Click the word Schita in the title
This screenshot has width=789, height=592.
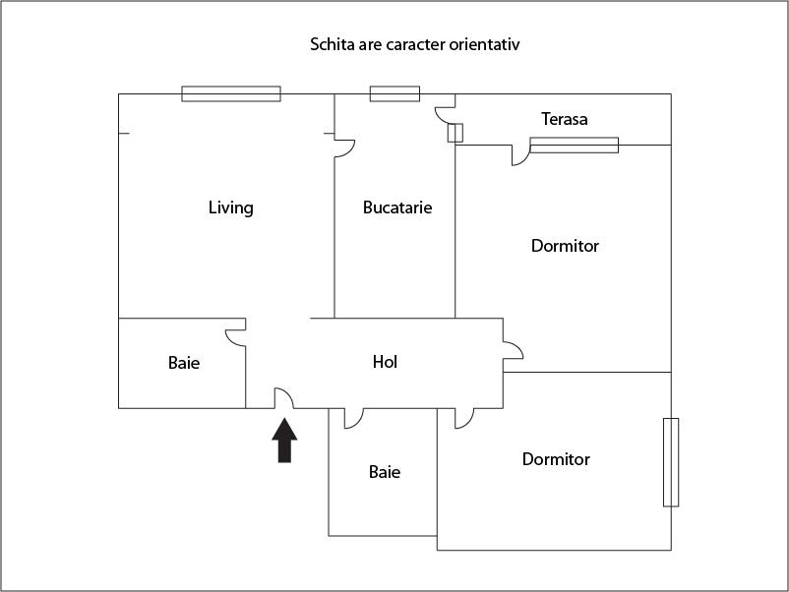click(x=332, y=45)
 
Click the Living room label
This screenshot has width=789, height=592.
click(x=231, y=207)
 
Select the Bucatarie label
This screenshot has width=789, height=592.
click(x=397, y=207)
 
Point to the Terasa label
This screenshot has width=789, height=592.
click(x=565, y=119)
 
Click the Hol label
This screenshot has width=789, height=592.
click(x=385, y=362)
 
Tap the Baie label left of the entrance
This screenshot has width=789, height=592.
click(x=184, y=363)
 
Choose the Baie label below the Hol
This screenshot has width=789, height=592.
click(x=385, y=472)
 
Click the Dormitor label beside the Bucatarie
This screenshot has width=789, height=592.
click(x=565, y=246)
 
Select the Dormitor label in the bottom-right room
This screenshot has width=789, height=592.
click(x=556, y=459)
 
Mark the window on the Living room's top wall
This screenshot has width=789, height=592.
click(x=231, y=94)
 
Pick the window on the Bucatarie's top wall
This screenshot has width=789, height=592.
click(x=394, y=94)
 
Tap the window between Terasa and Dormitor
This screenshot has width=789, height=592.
click(x=575, y=146)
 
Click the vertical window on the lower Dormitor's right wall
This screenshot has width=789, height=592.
click(x=671, y=462)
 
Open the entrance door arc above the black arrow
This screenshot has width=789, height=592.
click(x=283, y=397)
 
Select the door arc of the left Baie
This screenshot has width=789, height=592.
click(x=235, y=336)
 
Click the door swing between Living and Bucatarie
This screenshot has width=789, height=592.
click(x=344, y=147)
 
